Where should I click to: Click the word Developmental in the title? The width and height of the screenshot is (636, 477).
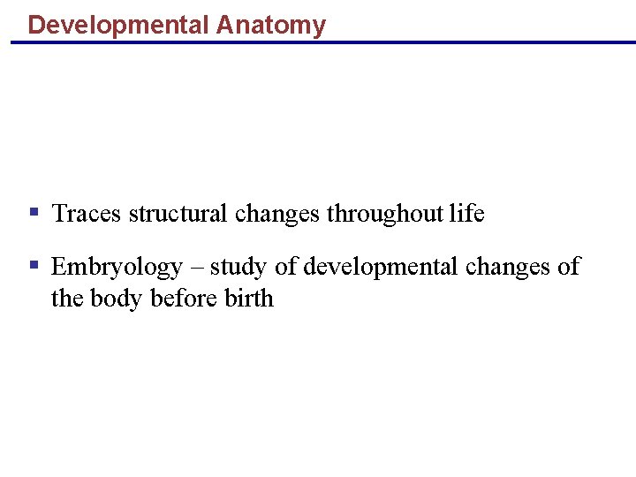coord(118,26)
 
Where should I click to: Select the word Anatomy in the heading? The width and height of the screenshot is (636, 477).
coord(270,26)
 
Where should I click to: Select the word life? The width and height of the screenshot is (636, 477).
coord(466,214)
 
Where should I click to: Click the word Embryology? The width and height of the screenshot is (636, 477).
coord(117,267)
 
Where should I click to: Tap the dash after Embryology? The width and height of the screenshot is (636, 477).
coord(196,267)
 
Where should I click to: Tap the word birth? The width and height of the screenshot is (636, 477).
coord(249,299)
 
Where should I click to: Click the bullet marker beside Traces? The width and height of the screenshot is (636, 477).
coord(34,213)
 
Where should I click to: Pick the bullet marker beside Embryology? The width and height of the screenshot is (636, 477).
coord(34,265)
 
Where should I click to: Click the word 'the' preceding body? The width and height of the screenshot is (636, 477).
coord(66,299)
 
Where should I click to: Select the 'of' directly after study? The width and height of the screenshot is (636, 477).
coord(286,267)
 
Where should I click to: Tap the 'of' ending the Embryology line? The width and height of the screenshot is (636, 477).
coord(569,267)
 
